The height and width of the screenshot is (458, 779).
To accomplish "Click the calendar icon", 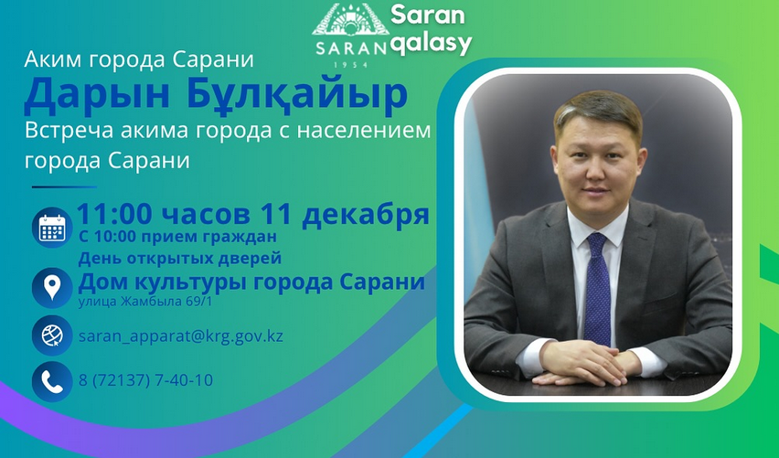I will tap(52, 228).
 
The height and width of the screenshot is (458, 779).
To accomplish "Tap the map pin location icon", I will tap(52, 287).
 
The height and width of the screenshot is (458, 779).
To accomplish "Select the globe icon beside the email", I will tap(52, 336).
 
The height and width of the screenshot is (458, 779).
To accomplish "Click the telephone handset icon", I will tap(52, 380).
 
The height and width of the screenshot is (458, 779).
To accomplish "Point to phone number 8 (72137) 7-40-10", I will tap(146, 379).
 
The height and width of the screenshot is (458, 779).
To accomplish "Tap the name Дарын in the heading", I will tap(91, 95).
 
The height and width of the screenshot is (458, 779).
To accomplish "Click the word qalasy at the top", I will tap(431, 42).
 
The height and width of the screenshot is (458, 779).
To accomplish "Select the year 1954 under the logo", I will tap(350, 65).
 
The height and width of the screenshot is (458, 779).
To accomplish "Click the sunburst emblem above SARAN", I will tap(351, 22).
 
